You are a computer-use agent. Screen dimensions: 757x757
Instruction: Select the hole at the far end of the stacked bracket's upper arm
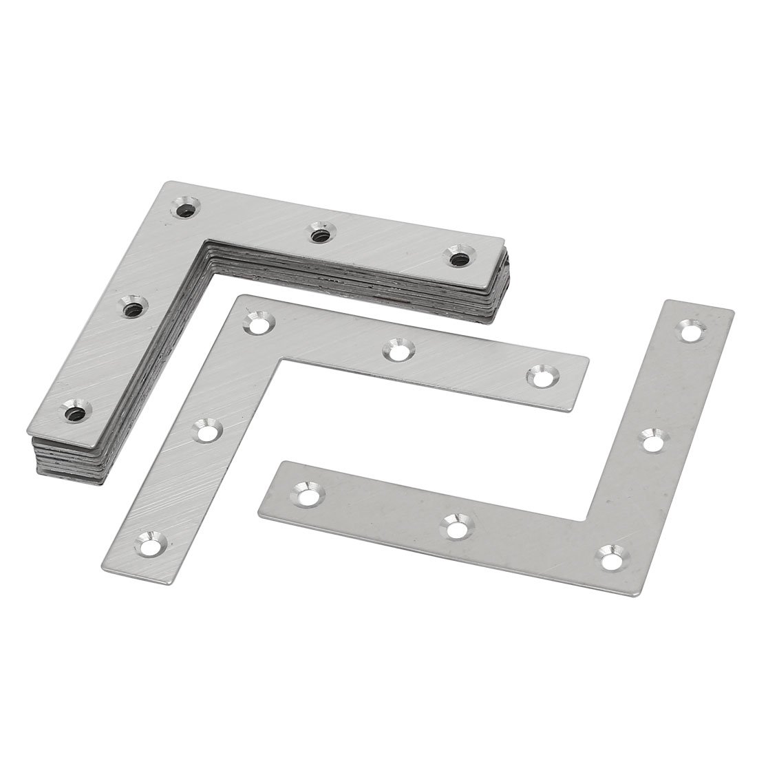point(458,257)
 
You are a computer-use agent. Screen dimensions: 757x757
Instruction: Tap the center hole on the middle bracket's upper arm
point(397,349)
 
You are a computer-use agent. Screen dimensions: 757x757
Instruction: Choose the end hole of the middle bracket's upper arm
point(540,376)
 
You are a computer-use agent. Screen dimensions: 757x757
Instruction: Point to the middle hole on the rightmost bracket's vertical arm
point(652,438)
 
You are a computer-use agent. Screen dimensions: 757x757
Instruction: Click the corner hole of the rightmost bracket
point(610,555)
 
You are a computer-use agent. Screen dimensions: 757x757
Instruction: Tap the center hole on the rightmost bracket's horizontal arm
point(455,527)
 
